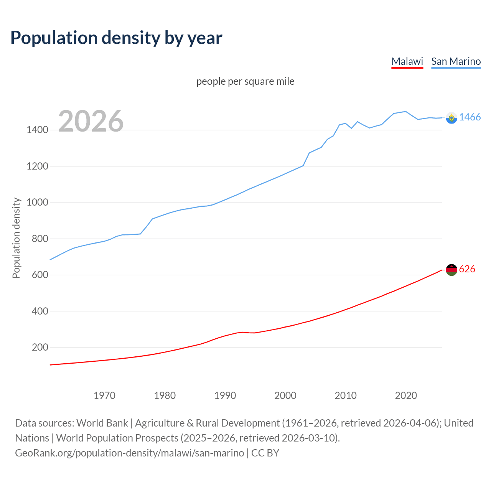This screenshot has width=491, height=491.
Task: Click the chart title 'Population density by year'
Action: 116,38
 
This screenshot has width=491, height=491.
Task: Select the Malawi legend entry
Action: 407,61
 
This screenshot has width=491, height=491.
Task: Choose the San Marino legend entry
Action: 456,61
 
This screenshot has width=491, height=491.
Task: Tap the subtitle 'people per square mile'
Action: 245,81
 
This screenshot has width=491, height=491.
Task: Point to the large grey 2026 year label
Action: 91,121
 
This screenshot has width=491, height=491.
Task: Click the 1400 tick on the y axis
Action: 37,130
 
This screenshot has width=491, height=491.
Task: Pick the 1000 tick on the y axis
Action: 37,202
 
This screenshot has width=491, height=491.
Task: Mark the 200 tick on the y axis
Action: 40,347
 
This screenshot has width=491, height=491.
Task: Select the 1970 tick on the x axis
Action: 104,395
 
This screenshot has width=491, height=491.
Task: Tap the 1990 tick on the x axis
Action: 225,395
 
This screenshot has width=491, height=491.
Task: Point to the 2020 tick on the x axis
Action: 406,395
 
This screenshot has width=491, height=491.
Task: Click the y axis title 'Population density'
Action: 16,238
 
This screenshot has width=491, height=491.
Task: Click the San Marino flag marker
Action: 451,118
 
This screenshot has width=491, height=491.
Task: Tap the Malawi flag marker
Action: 451,270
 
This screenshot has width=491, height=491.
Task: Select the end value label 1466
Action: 470,117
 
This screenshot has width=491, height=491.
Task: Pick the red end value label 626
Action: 467,269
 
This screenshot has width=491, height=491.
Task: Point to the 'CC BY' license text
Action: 265,453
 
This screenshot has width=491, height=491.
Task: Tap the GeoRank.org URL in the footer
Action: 129,453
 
